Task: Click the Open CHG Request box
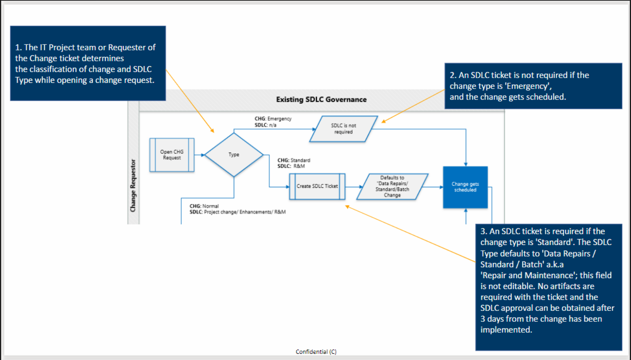coord(172,155)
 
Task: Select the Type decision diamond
coord(234,155)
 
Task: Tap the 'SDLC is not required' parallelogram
coord(343,129)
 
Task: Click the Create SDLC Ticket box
coord(317,186)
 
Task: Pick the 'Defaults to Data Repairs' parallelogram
coord(392,187)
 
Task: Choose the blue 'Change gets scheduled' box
coord(465,187)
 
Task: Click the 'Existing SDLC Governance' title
coord(321,100)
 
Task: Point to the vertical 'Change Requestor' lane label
coord(133,185)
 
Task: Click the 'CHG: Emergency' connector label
coord(273,119)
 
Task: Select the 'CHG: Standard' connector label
coord(294,160)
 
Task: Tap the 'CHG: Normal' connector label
coord(204,206)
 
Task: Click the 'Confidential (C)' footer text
coord(316,352)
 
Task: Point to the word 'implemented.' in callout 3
coord(506,330)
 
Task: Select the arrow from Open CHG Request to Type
coord(199,155)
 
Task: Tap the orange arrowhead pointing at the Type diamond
coord(212,131)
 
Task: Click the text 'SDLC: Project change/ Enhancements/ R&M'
coord(238,212)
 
